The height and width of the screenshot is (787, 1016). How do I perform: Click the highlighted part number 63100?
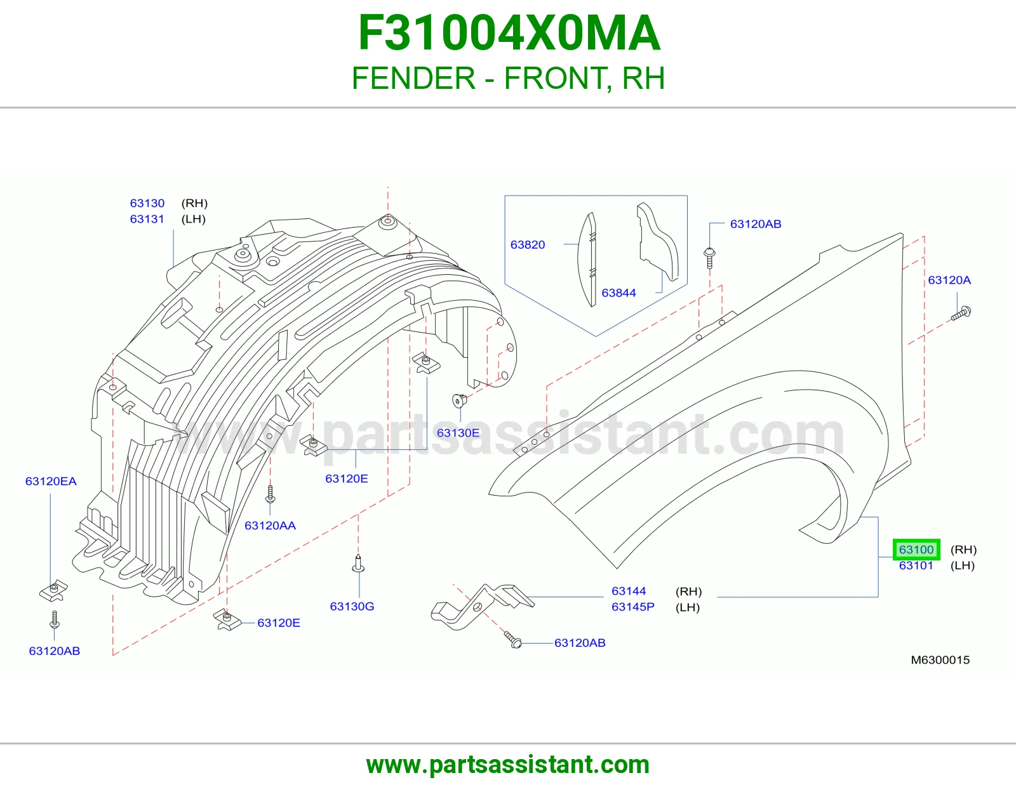916,550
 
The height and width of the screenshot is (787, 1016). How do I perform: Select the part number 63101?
916,565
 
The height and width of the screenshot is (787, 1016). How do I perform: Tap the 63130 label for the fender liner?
147,203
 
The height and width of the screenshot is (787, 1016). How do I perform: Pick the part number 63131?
147,219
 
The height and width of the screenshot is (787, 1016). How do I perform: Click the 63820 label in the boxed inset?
528,245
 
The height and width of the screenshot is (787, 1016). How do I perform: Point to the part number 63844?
618,293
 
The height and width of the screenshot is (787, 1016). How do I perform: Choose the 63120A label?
949,281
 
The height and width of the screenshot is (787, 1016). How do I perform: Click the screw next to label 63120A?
961,314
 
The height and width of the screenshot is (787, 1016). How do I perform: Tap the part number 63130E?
458,433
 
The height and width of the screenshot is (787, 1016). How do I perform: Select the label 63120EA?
51,481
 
